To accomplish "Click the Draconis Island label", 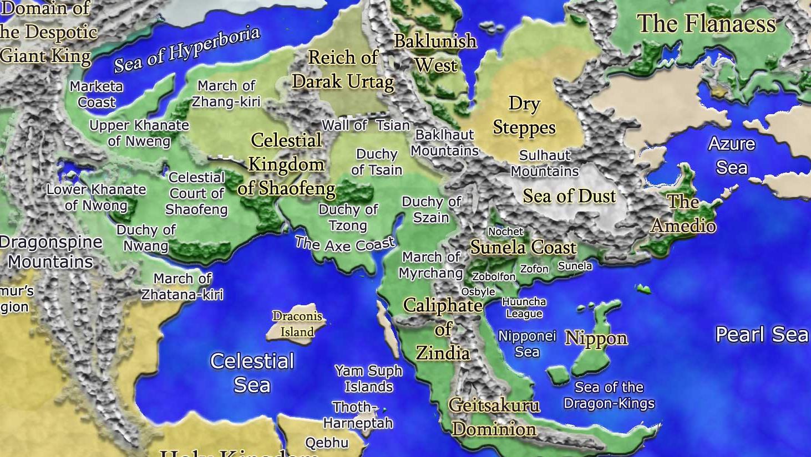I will [297, 324].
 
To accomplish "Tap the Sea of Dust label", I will [569, 196].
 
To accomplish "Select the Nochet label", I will [505, 232].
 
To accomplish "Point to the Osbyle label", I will [478, 291].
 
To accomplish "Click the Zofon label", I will [534, 269].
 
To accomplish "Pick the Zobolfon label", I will [494, 276].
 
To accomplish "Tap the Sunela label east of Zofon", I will [575, 266].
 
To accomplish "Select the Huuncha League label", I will [524, 307].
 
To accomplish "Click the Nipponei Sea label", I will [527, 343].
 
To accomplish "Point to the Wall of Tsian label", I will [366, 125].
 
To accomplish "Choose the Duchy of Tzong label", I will [348, 217].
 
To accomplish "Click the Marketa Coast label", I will [97, 94].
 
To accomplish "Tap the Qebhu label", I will [327, 443].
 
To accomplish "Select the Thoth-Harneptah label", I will [358, 415].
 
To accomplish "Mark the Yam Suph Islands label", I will [369, 378].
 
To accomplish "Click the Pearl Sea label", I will [762, 334].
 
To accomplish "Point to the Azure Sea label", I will [732, 155].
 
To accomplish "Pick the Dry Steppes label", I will [524, 115].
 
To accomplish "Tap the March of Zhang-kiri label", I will [226, 94].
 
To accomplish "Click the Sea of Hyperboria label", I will [187, 49].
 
